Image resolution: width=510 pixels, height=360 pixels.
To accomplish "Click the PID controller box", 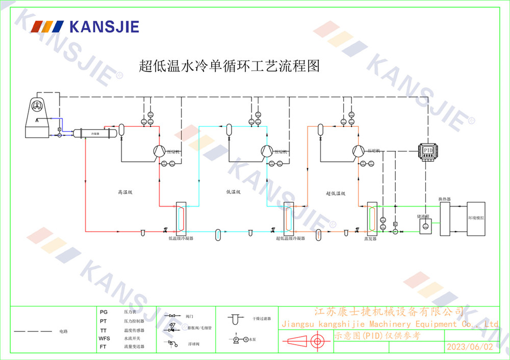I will [x=427, y=151].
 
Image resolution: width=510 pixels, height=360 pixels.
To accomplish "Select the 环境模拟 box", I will [x=478, y=218].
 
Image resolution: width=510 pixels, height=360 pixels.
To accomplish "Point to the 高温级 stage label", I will [x=125, y=192].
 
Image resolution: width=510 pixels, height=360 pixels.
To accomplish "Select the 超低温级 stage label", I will [x=336, y=193].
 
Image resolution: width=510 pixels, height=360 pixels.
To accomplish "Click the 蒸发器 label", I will [x=370, y=238].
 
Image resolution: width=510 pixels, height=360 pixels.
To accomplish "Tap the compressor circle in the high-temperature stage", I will [x=158, y=150].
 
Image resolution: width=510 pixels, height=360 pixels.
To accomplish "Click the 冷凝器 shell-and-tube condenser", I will [x=95, y=133].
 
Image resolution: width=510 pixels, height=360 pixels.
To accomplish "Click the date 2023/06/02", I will [x=470, y=347].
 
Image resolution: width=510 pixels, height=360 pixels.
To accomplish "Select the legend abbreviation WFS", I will [x=104, y=339].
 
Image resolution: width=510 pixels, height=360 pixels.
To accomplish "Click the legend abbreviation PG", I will [x=104, y=312].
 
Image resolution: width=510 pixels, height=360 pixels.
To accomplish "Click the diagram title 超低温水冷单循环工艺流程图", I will [x=229, y=66].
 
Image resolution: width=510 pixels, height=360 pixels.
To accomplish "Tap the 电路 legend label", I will [x=63, y=332].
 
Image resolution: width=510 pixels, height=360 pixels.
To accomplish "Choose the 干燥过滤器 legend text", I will [x=262, y=318].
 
